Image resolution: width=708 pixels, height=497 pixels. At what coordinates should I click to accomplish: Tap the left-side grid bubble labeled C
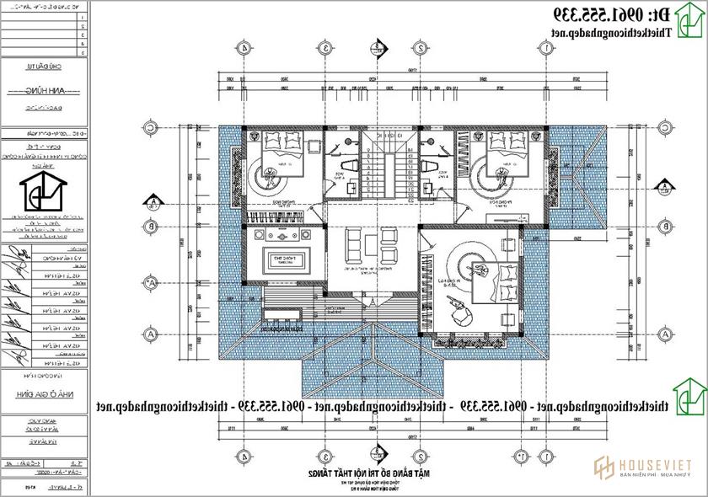pyautogui.click(x=150, y=128)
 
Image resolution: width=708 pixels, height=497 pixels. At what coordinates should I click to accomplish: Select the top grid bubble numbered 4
pyautogui.click(x=244, y=49)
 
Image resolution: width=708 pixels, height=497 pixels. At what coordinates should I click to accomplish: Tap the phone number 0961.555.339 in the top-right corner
pyautogui.click(x=635, y=14)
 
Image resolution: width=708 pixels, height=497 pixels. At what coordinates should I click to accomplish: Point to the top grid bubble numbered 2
pyautogui.click(x=419, y=49)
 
